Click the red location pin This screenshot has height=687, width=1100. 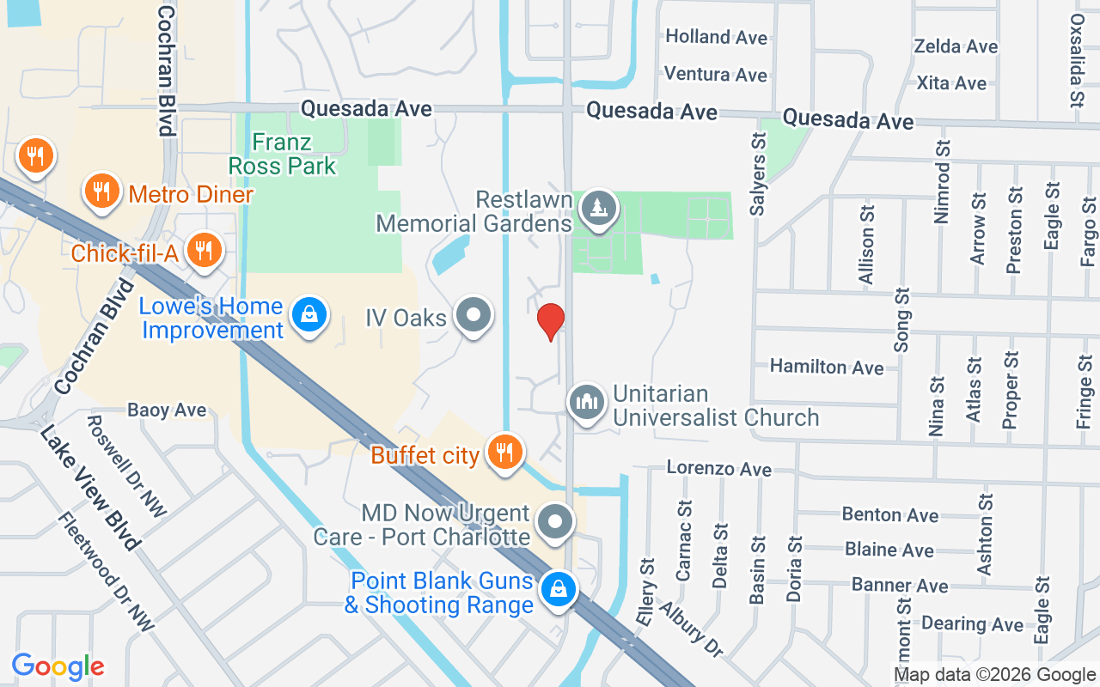pyautogui.click(x=551, y=321)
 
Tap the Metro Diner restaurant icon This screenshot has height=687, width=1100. pyautogui.click(x=101, y=192)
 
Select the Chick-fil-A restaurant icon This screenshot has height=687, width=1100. pyautogui.click(x=204, y=251)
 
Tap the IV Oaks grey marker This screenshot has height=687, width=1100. pyautogui.click(x=473, y=316)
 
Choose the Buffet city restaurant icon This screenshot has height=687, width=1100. pyautogui.click(x=504, y=452)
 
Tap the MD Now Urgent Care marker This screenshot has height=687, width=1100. pyautogui.click(x=555, y=522)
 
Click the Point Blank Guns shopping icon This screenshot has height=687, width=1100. pyautogui.click(x=558, y=591)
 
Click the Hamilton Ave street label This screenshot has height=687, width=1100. pyautogui.click(x=826, y=367)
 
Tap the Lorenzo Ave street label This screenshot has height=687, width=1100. pyautogui.click(x=719, y=469)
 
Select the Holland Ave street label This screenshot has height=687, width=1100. pyautogui.click(x=716, y=37)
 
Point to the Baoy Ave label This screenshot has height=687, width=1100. pyautogui.click(x=167, y=410)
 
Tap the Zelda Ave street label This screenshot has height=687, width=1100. pyautogui.click(x=956, y=46)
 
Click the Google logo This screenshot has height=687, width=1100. pyautogui.click(x=58, y=666)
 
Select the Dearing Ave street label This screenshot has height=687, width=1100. pyautogui.click(x=972, y=624)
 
